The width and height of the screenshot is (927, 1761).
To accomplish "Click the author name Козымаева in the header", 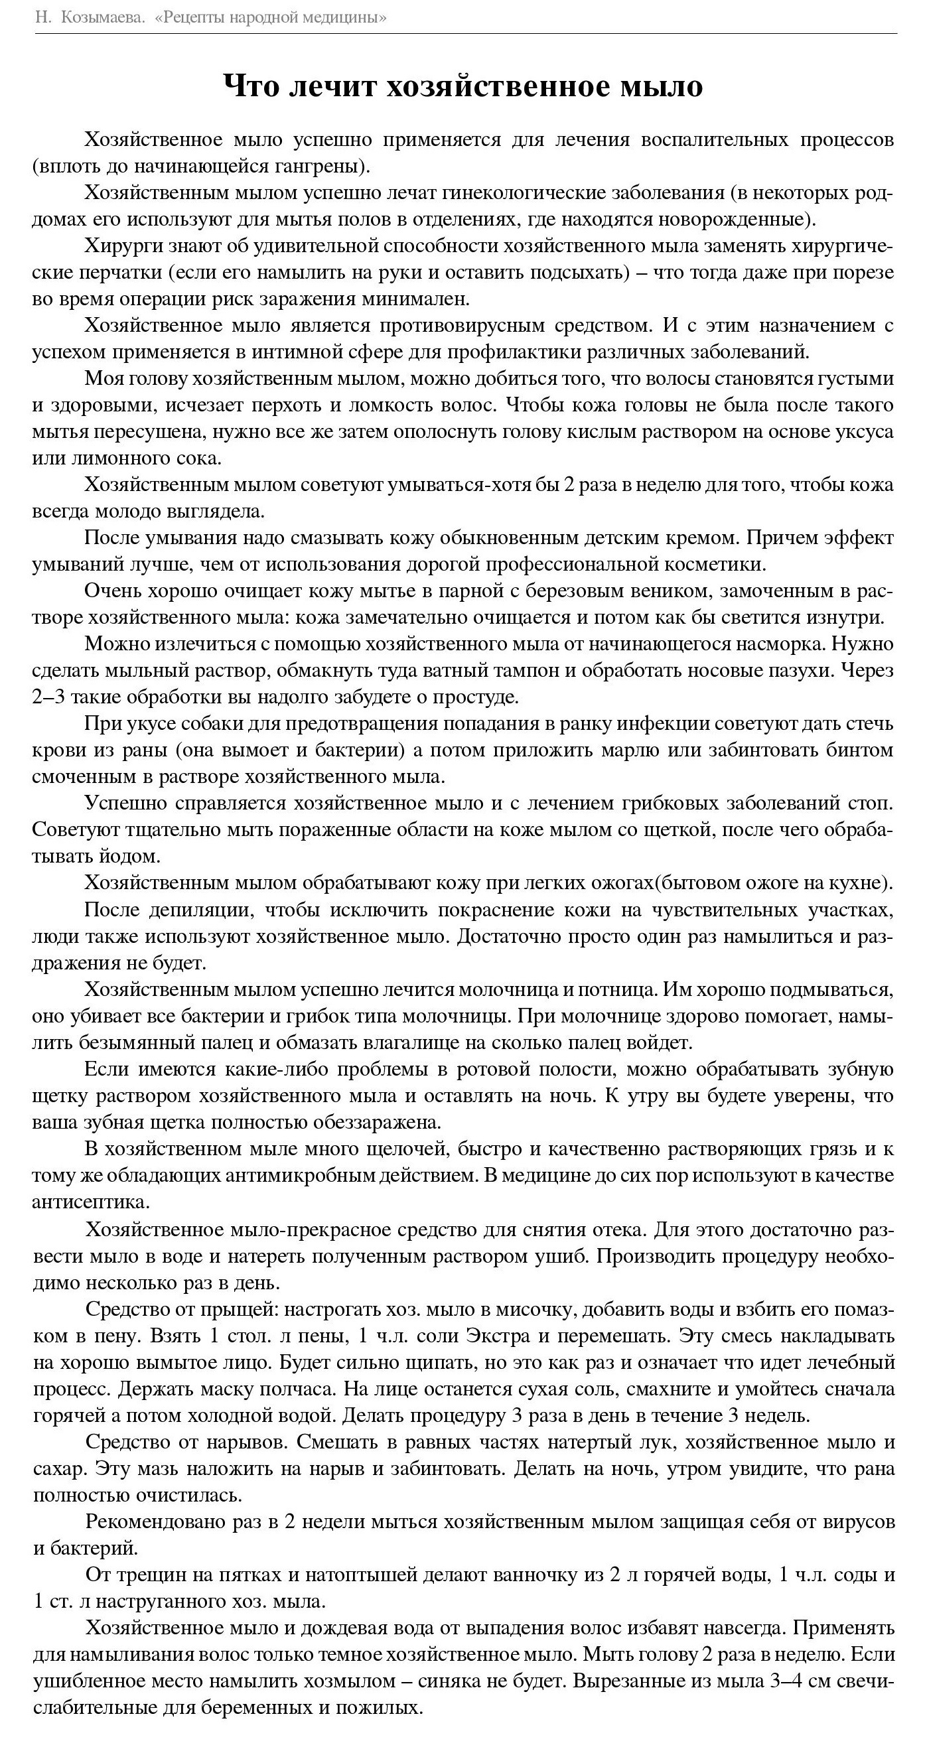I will [103, 17].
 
